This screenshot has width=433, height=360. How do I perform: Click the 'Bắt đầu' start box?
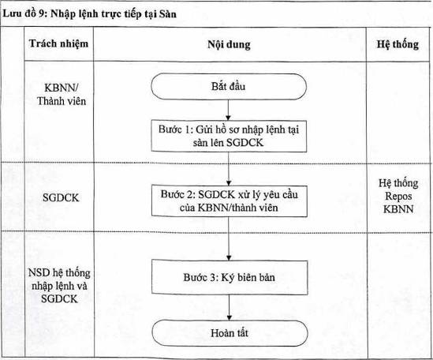[229, 87]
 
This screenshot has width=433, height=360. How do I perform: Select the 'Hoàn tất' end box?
[230, 333]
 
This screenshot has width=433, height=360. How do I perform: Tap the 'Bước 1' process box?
[229, 136]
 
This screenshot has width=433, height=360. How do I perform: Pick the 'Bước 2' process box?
[230, 201]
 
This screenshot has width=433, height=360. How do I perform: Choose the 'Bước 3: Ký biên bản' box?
[230, 277]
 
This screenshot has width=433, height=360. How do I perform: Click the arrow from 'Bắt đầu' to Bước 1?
[229, 110]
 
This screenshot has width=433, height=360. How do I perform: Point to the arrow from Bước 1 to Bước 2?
[229, 169]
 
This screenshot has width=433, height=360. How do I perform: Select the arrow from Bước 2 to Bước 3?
[229, 238]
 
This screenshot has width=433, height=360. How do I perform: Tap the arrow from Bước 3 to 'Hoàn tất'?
[230, 307]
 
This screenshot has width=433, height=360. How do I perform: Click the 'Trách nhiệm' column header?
[59, 43]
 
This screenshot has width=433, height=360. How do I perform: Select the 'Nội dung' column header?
[230, 44]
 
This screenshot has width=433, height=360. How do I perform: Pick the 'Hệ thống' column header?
[398, 44]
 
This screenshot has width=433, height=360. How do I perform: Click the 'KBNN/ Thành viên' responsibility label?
[62, 95]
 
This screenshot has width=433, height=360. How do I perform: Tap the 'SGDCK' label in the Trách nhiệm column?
[61, 198]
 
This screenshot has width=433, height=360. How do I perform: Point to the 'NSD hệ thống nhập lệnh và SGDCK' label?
[59, 286]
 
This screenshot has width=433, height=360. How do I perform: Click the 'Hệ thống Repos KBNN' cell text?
[398, 196]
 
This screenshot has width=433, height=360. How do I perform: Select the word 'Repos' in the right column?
[398, 196]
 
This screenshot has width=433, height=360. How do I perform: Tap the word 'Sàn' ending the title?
[168, 13]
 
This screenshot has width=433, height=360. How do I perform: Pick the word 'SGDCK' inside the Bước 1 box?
[245, 143]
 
